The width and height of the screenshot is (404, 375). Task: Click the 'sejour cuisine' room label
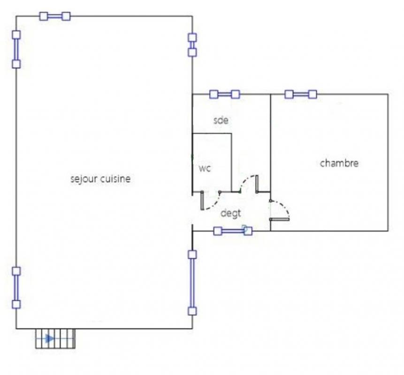point(100,179)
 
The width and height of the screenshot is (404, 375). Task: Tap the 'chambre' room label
point(339,163)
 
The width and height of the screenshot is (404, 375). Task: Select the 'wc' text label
point(205,168)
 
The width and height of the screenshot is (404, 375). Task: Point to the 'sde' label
point(221,120)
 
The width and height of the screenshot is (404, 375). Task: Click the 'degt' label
point(231,213)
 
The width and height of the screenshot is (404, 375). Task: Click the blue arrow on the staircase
point(50,338)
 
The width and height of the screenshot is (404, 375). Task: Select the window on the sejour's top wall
point(55,16)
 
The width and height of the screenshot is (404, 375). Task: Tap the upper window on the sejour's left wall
point(16,49)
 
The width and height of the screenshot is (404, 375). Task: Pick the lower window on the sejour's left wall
point(16,287)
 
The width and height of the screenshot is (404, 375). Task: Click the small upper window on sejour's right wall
point(192,45)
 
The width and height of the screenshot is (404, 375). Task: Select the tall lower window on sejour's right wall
point(192,283)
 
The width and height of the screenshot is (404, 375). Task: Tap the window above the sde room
point(225,95)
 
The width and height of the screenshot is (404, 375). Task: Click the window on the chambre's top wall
point(301,95)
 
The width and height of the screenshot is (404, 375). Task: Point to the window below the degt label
point(233,231)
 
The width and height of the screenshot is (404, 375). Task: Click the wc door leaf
point(202,201)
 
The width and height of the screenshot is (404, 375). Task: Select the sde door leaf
point(257,184)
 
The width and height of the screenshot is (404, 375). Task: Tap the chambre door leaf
point(280,219)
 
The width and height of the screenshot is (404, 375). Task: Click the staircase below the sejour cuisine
point(55,339)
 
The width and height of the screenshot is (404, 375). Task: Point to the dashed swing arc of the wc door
point(214,204)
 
